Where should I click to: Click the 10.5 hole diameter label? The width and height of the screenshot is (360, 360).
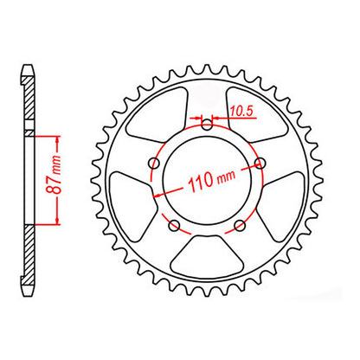click(x=241, y=110)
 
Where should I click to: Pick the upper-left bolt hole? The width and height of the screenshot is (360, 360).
click(x=155, y=162)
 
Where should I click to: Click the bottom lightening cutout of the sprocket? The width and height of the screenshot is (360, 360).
click(x=206, y=263)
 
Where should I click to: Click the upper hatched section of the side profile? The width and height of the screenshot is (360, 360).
click(x=30, y=104)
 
